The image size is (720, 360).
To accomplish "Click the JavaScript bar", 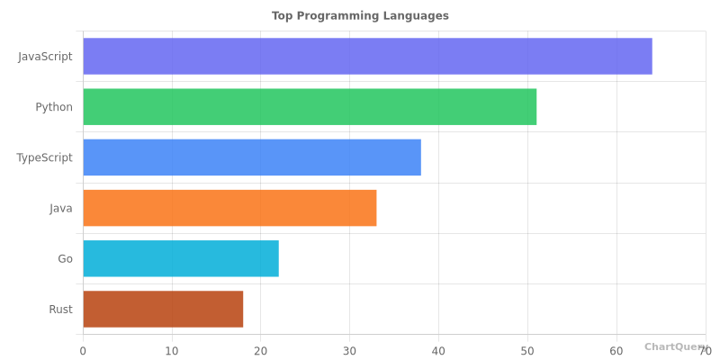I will (x=367, y=56).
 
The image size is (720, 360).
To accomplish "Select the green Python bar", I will (x=310, y=107).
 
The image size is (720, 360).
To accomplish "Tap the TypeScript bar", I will (x=252, y=157).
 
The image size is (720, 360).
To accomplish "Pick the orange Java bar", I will (x=229, y=208).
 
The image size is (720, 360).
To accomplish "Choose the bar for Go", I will (x=181, y=258).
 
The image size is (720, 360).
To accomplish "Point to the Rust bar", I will (x=163, y=309).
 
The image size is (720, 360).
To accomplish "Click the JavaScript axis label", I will (x=45, y=56).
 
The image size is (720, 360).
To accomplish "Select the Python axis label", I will (x=54, y=107).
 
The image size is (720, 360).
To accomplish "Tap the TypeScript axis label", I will (x=44, y=157).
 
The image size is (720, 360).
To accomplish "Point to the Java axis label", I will (x=61, y=208).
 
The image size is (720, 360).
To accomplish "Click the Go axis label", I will (x=65, y=258).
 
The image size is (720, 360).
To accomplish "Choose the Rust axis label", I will (x=60, y=309).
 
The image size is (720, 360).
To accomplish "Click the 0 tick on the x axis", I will (x=83, y=350).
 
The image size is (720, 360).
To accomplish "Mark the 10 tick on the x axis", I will (x=172, y=350).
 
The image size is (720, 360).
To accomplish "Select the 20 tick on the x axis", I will (x=261, y=350).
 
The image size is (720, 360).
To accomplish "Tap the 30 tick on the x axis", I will (x=349, y=350).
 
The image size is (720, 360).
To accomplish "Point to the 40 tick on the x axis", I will (x=438, y=350).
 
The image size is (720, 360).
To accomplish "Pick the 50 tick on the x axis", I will (x=527, y=350).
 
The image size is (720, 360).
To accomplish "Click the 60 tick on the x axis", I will (x=616, y=350).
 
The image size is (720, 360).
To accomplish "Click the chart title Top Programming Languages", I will (x=360, y=15).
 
